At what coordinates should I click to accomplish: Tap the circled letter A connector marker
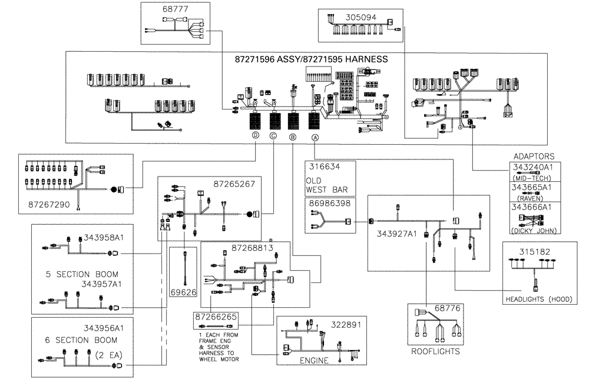pyautogui.click(x=315, y=137)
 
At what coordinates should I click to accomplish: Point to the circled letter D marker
pyautogui.click(x=255, y=136)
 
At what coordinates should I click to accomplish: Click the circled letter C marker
pyautogui.click(x=273, y=136)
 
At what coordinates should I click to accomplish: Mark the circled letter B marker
pyautogui.click(x=292, y=137)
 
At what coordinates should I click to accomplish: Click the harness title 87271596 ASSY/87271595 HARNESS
pyautogui.click(x=311, y=59)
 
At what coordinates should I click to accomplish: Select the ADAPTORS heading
pyautogui.click(x=534, y=157)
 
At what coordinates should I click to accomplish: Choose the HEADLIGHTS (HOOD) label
pyautogui.click(x=538, y=298)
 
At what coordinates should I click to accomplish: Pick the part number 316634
pyautogui.click(x=324, y=167)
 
